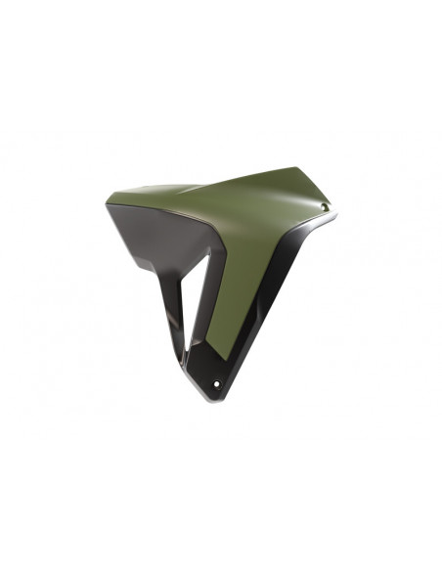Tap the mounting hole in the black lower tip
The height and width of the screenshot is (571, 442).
[216, 381]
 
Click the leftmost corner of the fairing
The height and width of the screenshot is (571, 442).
[106, 203]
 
